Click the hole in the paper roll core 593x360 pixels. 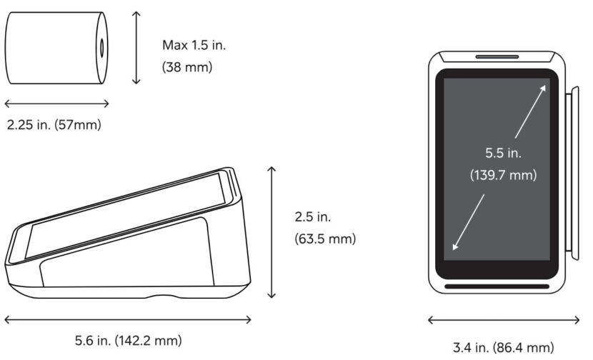click(101, 48)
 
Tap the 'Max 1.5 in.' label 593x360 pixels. click(194, 45)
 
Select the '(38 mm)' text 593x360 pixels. click(187, 67)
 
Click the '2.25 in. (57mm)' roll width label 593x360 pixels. click(54, 124)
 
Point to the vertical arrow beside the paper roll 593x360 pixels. click(136, 48)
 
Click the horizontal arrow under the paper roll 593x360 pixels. click(56, 104)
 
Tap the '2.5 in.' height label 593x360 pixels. click(313, 216)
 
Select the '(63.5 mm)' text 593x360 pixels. click(325, 239)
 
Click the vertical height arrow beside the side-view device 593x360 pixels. click(271, 232)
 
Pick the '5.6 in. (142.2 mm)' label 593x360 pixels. click(128, 340)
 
